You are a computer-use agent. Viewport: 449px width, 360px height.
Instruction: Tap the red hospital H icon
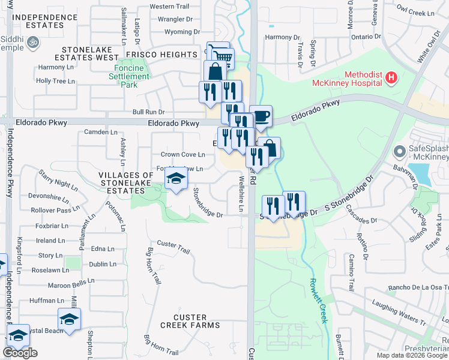[391, 77]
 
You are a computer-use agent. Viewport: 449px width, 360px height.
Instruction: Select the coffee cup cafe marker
[260, 116]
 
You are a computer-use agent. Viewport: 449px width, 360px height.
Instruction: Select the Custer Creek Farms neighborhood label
[190, 321]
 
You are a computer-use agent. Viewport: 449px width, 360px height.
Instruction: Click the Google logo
[20, 353]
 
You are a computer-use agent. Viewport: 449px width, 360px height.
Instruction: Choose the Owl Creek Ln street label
[415, 13]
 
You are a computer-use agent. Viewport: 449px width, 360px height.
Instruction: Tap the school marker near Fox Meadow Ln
[175, 179]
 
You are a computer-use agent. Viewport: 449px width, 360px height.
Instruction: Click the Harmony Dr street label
[278, 37]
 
